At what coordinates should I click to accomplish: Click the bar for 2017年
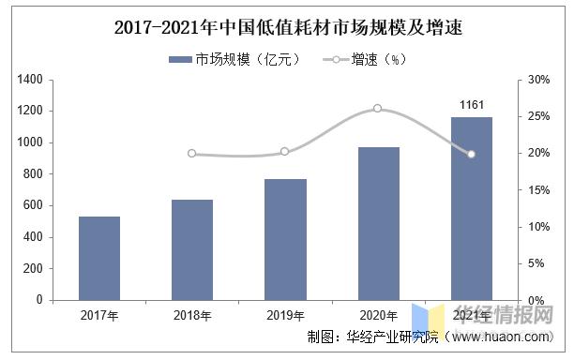pyautogui.click(x=99, y=258)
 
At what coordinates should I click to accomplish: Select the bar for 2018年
pyautogui.click(x=192, y=249)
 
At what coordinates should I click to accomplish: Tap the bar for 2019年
pyautogui.click(x=285, y=239)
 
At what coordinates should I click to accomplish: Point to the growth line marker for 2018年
pyautogui.click(x=192, y=153)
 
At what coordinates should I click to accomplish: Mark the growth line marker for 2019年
pyautogui.click(x=285, y=151)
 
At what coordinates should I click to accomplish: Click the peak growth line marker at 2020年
pyautogui.click(x=378, y=109)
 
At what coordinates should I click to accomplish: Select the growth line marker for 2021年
pyautogui.click(x=471, y=154)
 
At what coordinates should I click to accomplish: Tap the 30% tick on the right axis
pyautogui.click(x=537, y=80)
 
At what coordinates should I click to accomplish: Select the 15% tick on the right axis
pyautogui.click(x=537, y=190)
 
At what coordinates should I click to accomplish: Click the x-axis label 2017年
pyautogui.click(x=99, y=316)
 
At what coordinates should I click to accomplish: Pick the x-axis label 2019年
pyautogui.click(x=285, y=316)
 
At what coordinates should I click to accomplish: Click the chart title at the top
pyautogui.click(x=288, y=28)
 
